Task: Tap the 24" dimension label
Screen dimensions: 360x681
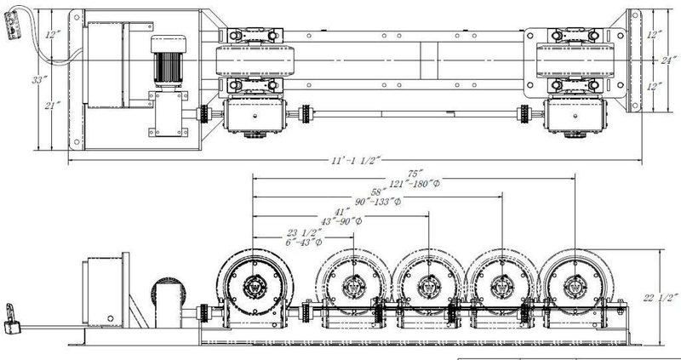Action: point(671,60)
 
